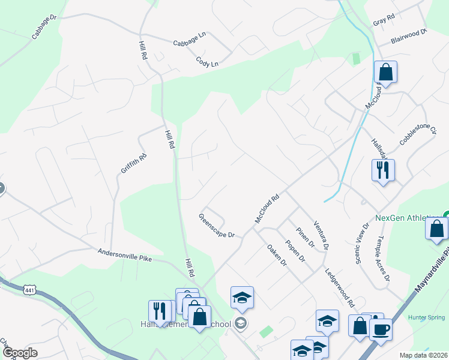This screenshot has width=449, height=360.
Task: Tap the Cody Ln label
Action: tap(206, 61)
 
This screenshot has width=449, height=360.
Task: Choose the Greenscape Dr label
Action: tap(217, 226)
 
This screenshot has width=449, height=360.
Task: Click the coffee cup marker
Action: tap(381, 329)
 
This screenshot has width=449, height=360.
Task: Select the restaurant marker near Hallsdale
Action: tap(382, 170)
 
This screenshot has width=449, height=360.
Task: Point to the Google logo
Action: tap(20, 352)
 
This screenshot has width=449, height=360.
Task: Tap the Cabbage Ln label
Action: tap(190, 43)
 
